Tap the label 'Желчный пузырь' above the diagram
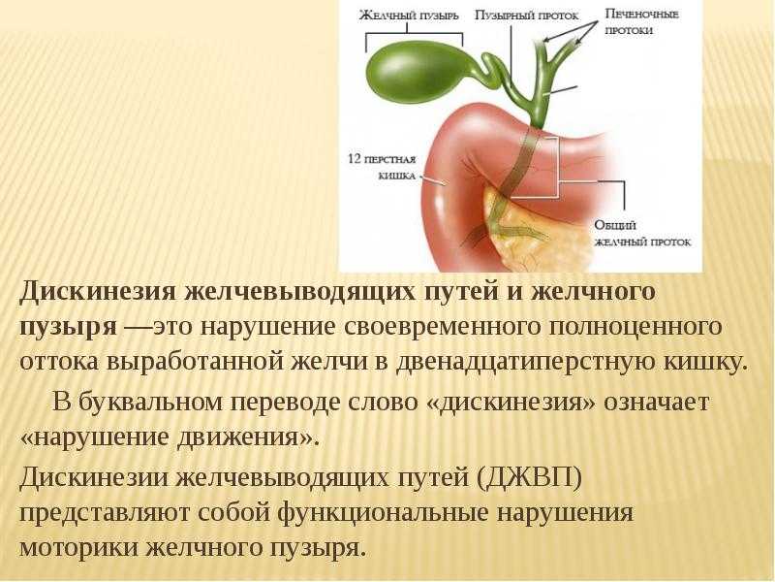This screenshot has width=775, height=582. tap(409, 16)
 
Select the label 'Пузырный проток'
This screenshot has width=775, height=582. tap(526, 16)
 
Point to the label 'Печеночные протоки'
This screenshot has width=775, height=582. tap(642, 22)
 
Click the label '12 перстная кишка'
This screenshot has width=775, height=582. tap(382, 167)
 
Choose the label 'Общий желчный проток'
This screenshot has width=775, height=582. tap(642, 234)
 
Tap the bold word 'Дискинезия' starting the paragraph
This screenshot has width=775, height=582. tap(98, 292)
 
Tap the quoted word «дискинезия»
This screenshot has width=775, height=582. tap(511, 402)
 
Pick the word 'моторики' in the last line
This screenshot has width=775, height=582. tap(78, 548)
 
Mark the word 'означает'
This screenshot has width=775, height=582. tap(657, 403)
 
